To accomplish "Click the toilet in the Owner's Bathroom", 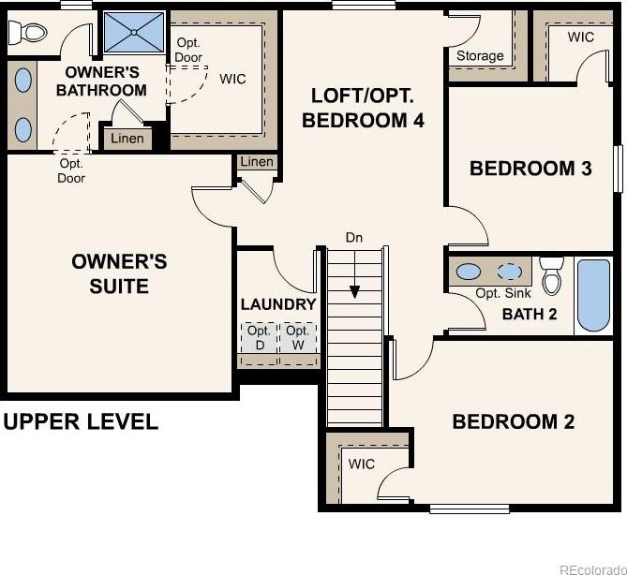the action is coord(27,33).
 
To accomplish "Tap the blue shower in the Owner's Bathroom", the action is coord(134,32).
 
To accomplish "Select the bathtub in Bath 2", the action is coord(594,295).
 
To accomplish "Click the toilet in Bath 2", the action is coord(552,275).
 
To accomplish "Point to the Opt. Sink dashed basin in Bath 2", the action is coord(509,273).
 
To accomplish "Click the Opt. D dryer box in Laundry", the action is coord(260,338).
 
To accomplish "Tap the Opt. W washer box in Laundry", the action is coord(298,338).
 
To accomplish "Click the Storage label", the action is coord(480,56).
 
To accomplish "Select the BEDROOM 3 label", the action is coord(530,169).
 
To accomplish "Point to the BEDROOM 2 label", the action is coord(513,421).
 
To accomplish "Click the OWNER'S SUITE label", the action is coord(119,273).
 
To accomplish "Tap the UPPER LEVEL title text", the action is coord(81,422).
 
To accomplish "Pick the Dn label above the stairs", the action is coord(354,238).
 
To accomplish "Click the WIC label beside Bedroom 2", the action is coord(362,464).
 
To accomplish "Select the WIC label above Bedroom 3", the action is coord(581,37).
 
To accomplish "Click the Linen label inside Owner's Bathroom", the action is coord(127,139).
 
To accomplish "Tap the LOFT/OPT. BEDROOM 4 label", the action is coord(363,108).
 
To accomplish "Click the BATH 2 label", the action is coord(530,314).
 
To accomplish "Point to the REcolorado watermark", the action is coord(593,569).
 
